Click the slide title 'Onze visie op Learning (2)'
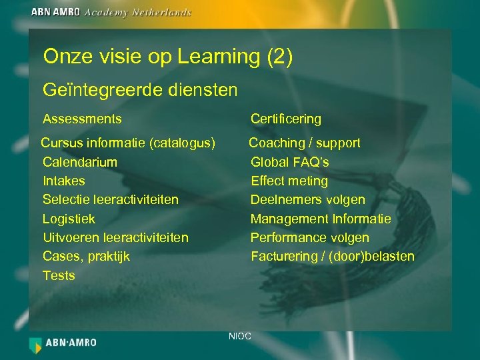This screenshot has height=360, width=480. click(167, 57)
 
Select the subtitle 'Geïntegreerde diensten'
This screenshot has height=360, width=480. click(140, 89)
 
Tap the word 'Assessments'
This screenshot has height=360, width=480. click(82, 119)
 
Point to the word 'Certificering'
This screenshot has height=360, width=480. click(285, 119)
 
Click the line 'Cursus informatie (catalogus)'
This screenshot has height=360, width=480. click(128, 143)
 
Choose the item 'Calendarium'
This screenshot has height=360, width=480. click(79, 162)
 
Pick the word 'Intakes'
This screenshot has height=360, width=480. click(63, 181)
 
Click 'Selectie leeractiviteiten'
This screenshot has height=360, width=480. click(110, 200)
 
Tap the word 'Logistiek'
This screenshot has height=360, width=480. click(69, 219)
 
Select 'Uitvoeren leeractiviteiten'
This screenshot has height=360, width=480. click(115, 237)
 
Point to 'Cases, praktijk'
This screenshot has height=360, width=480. click(86, 256)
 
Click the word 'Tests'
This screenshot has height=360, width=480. click(59, 275)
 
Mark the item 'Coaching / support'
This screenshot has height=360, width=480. click(304, 143)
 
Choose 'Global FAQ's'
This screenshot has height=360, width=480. click(289, 162)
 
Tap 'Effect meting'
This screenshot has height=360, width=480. click(289, 181)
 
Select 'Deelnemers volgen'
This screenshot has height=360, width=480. click(307, 200)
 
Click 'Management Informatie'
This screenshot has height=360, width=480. click(321, 219)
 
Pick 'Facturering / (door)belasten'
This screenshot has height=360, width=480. click(332, 256)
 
